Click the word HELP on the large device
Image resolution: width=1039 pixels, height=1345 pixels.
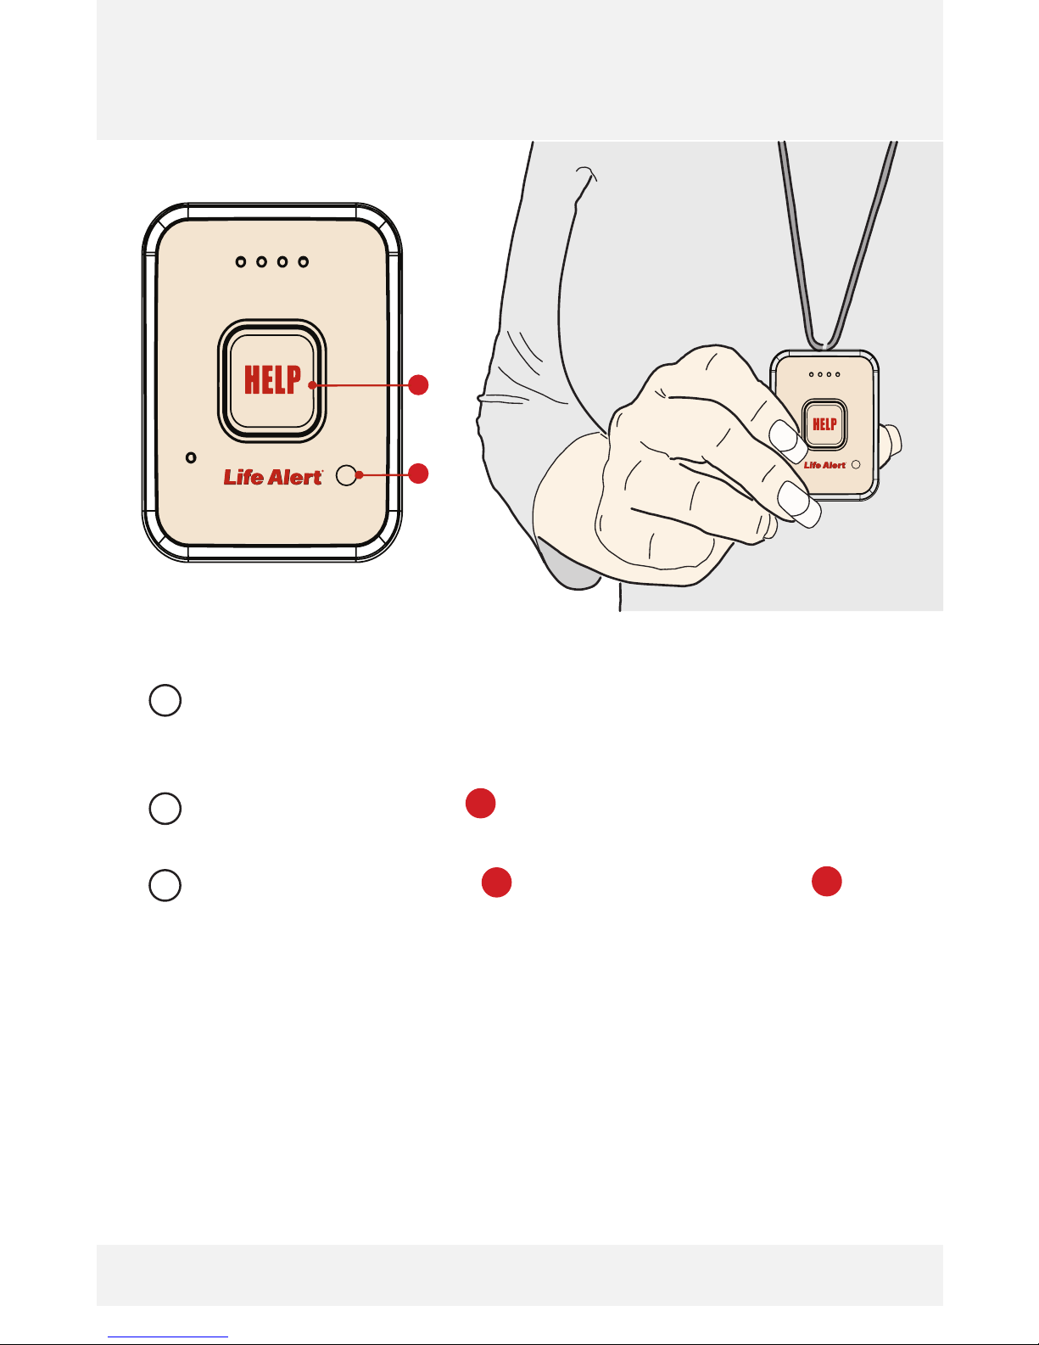click(273, 379)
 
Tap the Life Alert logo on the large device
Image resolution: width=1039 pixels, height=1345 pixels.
click(273, 477)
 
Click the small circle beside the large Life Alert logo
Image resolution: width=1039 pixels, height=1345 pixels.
click(346, 475)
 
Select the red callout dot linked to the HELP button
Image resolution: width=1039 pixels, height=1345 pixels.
click(419, 385)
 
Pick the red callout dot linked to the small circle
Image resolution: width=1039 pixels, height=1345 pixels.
click(419, 474)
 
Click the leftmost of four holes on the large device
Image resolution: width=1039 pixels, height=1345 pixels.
click(241, 262)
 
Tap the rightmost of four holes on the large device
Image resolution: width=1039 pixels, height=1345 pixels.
click(303, 262)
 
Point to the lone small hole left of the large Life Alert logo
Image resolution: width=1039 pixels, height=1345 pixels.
click(191, 457)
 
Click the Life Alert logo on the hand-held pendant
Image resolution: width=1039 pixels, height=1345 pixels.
click(824, 465)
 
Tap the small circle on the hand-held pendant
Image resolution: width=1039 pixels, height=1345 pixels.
click(856, 464)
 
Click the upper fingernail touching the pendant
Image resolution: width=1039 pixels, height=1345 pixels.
click(787, 440)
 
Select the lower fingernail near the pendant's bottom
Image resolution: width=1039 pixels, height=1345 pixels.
click(799, 504)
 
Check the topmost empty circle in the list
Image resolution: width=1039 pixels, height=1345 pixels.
click(165, 700)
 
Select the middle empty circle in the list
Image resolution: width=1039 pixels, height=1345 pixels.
click(165, 809)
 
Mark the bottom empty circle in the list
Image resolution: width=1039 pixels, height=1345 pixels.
click(165, 885)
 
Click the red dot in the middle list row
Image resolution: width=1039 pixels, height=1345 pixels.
click(481, 804)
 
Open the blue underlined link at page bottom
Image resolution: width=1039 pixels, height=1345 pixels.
click(168, 1337)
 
